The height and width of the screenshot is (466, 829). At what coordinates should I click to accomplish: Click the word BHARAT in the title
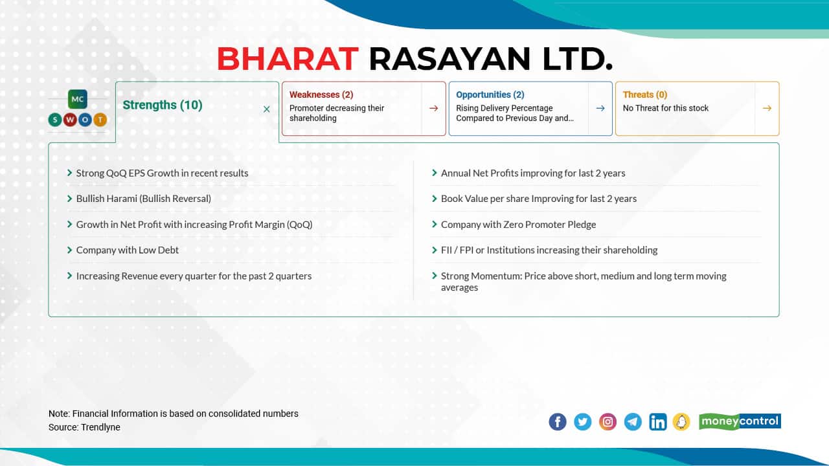(x=288, y=59)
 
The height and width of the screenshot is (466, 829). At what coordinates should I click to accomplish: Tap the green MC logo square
(x=78, y=100)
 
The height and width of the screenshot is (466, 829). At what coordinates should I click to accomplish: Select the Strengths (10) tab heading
(x=163, y=105)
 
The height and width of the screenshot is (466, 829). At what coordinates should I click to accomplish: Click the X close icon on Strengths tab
(x=266, y=109)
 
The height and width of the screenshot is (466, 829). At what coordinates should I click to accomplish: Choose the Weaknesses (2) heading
(x=321, y=94)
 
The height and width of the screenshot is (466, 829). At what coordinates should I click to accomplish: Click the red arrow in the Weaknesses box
(x=433, y=108)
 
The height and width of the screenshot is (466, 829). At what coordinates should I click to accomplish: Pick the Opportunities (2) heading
(x=490, y=94)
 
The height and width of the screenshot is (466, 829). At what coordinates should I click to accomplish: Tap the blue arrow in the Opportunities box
(x=600, y=108)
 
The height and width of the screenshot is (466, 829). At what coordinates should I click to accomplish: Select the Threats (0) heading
(x=645, y=94)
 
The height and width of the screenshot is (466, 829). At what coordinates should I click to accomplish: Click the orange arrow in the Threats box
(x=767, y=108)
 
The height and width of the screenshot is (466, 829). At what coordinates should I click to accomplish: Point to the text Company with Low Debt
(x=128, y=250)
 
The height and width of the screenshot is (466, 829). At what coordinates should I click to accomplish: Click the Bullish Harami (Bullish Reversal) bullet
(x=144, y=199)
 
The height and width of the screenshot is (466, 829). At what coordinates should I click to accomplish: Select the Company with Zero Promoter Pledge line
(x=518, y=225)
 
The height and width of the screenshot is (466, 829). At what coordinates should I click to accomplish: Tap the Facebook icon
(x=558, y=422)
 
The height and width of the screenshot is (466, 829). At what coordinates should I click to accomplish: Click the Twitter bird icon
(x=583, y=422)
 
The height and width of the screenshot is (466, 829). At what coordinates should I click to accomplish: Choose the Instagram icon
(x=608, y=422)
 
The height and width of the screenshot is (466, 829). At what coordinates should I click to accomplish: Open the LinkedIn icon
(x=657, y=422)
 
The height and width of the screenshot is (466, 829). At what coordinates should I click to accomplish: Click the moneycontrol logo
(x=740, y=421)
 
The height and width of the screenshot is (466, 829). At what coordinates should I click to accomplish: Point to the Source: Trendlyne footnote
(x=84, y=427)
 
